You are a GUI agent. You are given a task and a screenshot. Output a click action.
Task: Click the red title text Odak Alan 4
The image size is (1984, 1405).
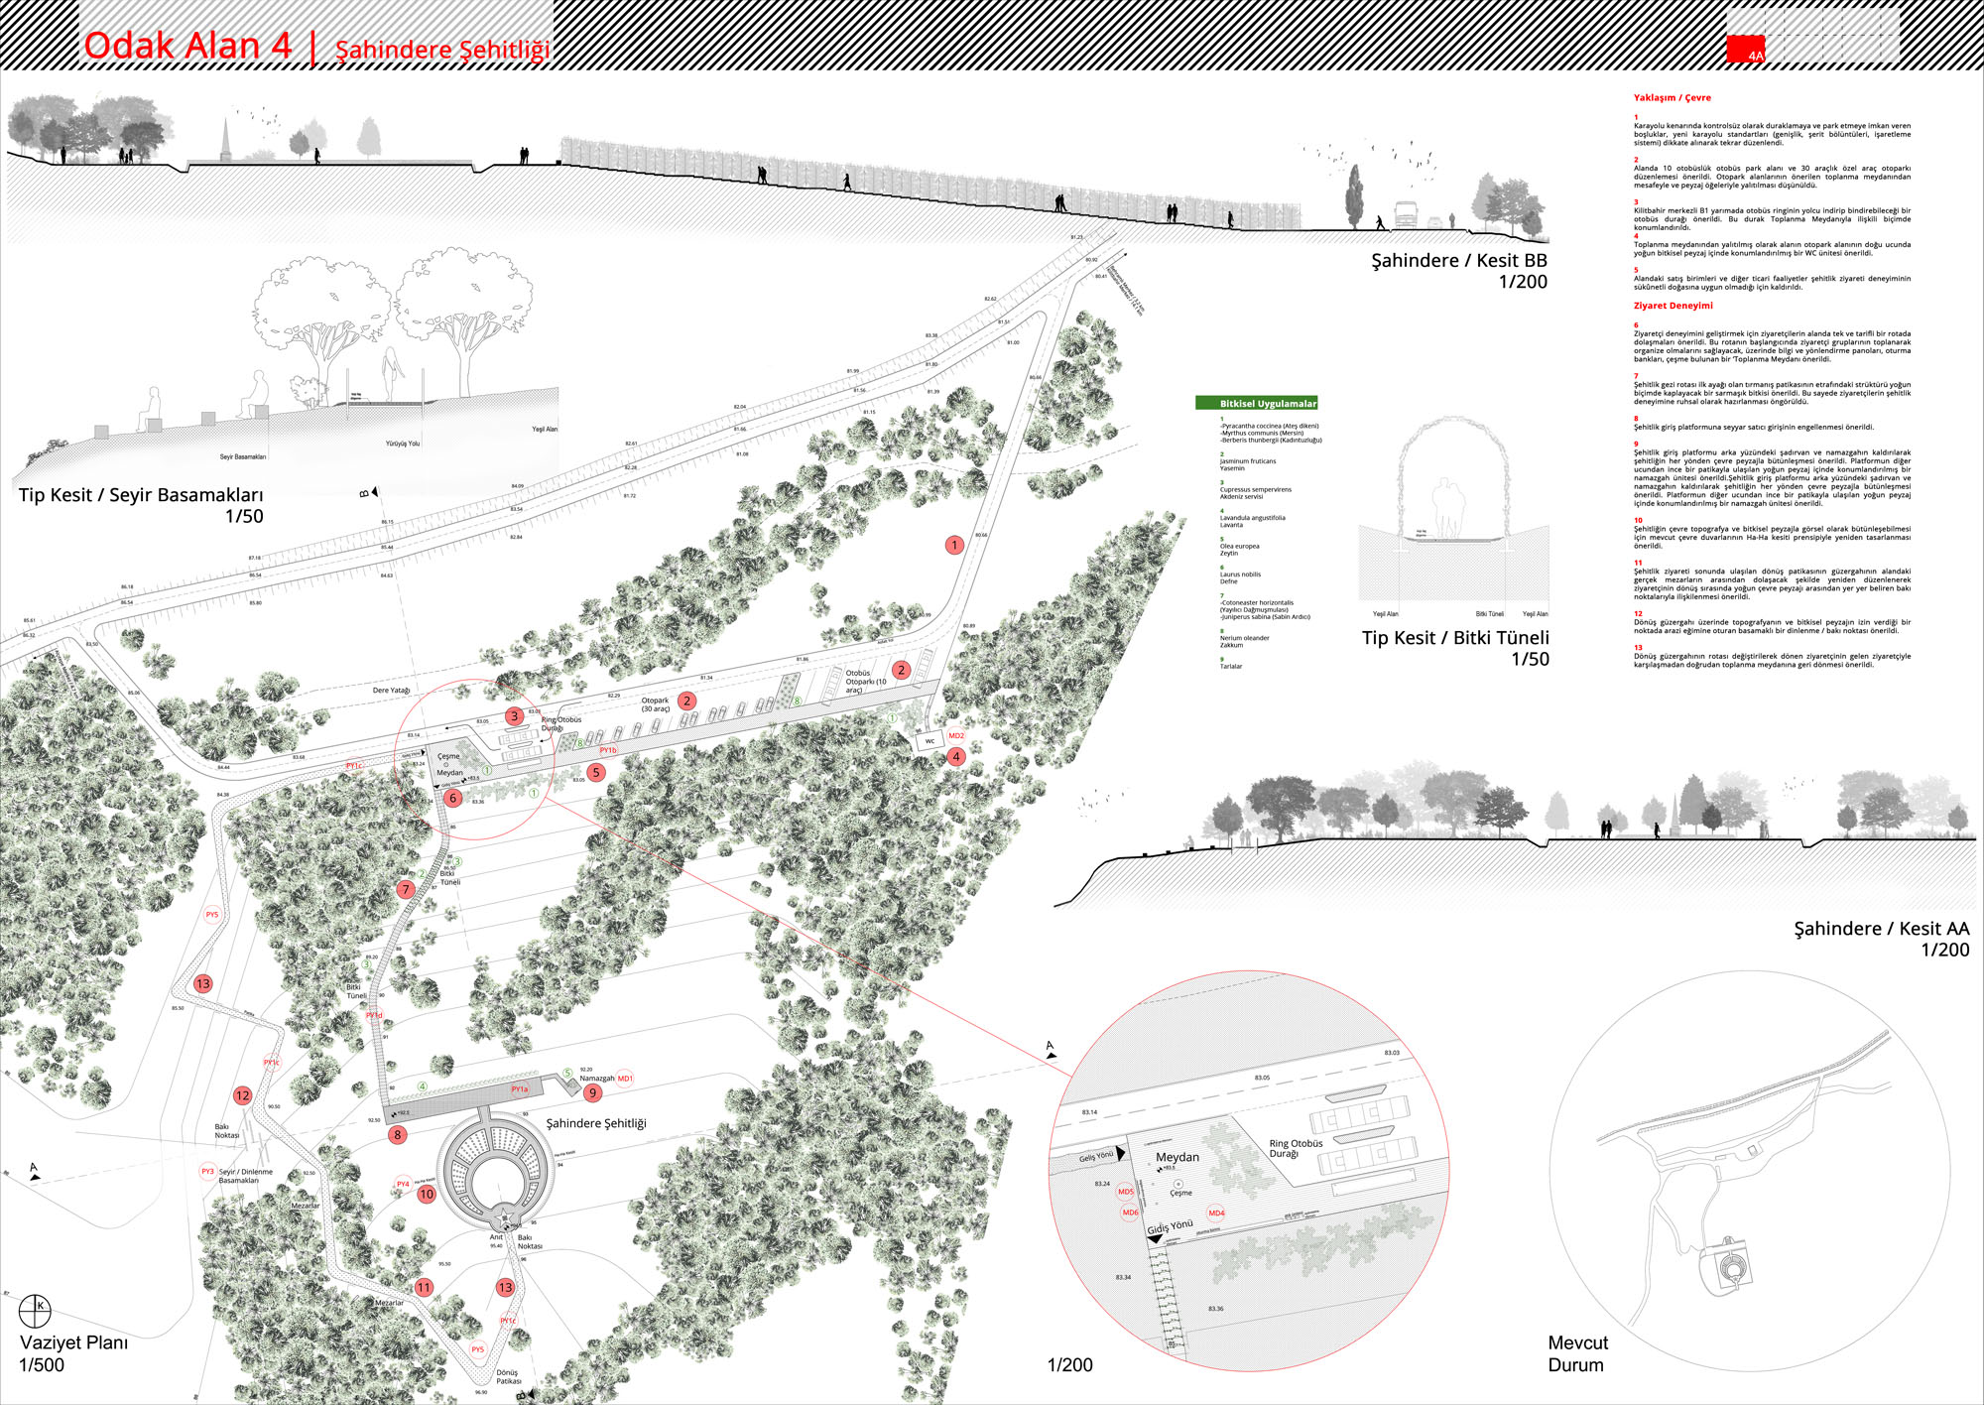tap(187, 46)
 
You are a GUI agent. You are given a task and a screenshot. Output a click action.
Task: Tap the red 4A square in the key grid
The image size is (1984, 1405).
tap(1745, 50)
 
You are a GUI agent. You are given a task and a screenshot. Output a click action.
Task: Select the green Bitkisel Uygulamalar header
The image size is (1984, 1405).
tap(1257, 404)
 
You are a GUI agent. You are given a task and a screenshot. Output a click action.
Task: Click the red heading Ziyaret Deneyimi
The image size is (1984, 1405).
tap(1673, 306)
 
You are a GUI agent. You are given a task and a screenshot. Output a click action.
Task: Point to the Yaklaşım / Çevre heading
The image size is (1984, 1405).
tap(1672, 98)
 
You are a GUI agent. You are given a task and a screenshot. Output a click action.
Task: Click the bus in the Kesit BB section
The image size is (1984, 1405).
tap(1406, 214)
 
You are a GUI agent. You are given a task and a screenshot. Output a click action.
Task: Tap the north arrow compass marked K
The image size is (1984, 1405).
tap(35, 1310)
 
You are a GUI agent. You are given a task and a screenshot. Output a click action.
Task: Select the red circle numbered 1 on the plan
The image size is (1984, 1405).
tap(954, 545)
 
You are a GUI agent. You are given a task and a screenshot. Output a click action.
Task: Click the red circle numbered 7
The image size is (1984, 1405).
tap(405, 890)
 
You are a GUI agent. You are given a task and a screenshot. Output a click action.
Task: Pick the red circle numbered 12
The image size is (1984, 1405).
tap(242, 1095)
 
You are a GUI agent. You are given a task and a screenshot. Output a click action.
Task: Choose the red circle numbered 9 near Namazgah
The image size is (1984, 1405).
tap(592, 1093)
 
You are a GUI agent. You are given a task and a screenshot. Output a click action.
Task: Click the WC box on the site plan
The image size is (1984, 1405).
tap(930, 741)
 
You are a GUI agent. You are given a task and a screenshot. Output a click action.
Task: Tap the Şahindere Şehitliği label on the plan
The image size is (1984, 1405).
tap(596, 1123)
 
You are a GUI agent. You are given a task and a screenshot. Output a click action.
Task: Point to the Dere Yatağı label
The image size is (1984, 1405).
tap(391, 691)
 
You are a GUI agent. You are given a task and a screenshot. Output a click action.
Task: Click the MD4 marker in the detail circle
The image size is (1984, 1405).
tap(1216, 1213)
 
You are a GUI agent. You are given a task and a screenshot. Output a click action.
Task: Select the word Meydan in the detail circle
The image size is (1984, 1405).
tap(1178, 1157)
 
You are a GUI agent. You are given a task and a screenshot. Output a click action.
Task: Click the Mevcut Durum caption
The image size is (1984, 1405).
tap(1577, 1353)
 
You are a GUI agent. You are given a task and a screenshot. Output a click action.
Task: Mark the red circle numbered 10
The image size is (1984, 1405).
tap(427, 1195)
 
